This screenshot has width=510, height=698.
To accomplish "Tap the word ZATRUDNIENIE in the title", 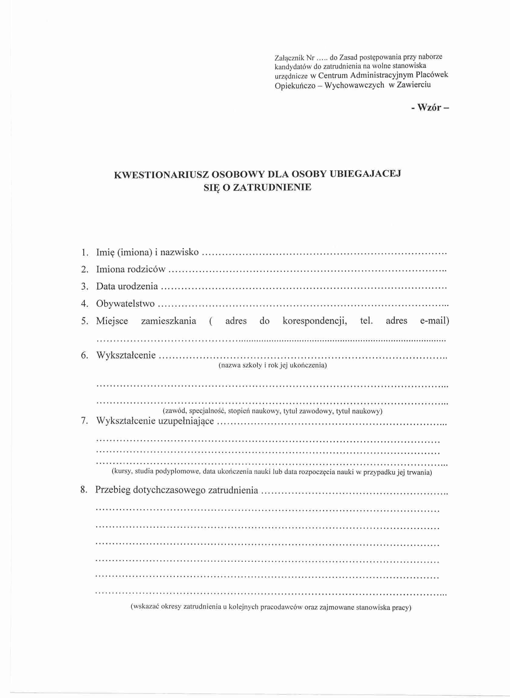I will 272,187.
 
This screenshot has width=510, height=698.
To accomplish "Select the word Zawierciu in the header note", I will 413,85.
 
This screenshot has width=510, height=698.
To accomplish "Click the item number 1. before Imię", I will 85,253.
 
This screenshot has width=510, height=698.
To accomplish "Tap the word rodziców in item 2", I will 147,269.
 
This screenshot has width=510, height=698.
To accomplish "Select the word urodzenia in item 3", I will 140,286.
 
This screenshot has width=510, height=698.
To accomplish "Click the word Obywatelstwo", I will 125,304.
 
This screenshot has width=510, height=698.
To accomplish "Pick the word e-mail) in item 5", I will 434,320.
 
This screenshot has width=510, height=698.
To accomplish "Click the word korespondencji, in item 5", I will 314,321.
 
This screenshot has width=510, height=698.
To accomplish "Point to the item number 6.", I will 85,355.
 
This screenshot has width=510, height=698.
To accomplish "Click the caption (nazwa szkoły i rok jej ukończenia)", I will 272,365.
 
